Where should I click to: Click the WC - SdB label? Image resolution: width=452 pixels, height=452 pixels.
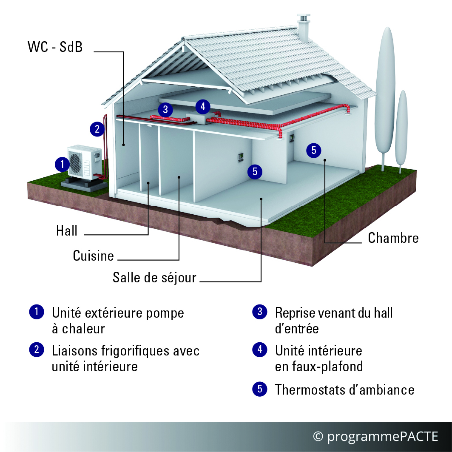point(55,47)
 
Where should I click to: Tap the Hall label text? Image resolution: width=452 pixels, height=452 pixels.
point(67,230)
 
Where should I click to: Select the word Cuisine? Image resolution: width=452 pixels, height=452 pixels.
point(94,256)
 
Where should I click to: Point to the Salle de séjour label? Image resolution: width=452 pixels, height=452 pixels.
point(154,278)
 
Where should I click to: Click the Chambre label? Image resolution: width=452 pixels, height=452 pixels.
point(393,238)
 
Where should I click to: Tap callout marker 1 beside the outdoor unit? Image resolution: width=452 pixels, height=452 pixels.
point(62,164)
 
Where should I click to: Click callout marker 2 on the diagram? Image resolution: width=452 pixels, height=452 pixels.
point(97,129)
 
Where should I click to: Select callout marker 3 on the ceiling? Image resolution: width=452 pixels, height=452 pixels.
point(165,110)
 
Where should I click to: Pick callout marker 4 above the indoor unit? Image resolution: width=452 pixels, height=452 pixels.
point(203,107)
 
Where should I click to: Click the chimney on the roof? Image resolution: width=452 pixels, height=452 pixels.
point(304,28)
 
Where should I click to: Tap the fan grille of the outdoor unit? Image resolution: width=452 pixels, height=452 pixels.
point(76,163)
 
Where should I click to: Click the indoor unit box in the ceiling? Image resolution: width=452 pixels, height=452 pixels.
point(196,118)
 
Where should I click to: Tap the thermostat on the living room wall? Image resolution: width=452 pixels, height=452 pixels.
point(240,157)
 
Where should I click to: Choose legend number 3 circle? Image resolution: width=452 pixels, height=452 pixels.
point(260,312)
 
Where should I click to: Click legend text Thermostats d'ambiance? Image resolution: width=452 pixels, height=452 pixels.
point(344,390)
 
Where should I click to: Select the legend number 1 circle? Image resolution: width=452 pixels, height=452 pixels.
point(37,312)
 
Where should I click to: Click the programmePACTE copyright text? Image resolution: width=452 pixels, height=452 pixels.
point(375,436)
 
